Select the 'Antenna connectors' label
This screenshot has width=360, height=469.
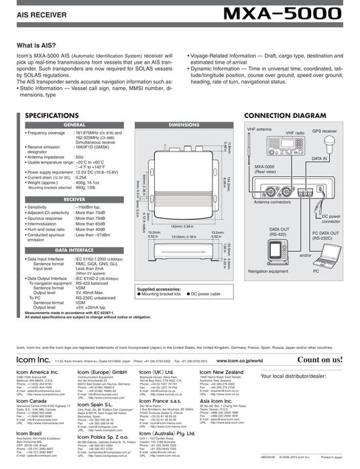coord(273,201)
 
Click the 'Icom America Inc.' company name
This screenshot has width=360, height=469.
coord(40,372)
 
